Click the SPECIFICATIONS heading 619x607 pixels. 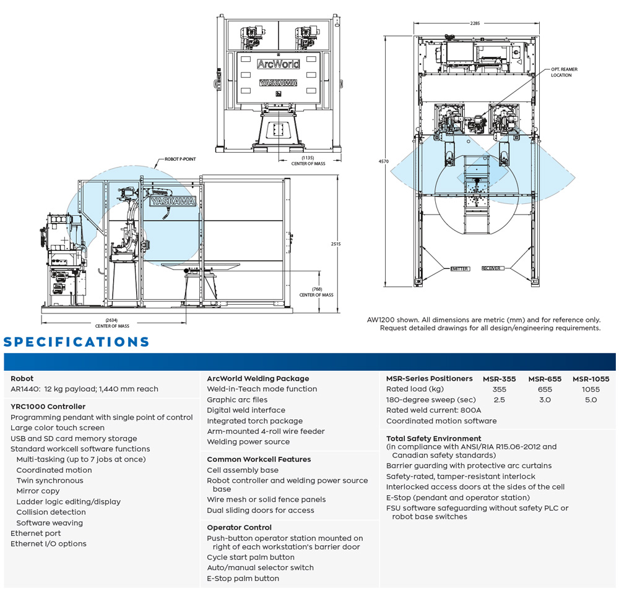[77, 342]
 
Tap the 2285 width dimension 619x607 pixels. [475, 23]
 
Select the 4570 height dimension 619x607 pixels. [384, 161]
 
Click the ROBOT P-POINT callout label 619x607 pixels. [180, 159]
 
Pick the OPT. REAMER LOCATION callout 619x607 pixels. [564, 72]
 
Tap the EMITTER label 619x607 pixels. [459, 269]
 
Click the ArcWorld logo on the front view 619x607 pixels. [278, 64]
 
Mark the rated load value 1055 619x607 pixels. [591, 389]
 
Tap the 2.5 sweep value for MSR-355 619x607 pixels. [499, 400]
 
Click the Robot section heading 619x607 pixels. [22, 379]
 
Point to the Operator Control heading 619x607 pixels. [239, 528]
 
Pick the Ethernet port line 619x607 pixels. [36, 533]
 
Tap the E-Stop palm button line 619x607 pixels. [243, 579]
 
